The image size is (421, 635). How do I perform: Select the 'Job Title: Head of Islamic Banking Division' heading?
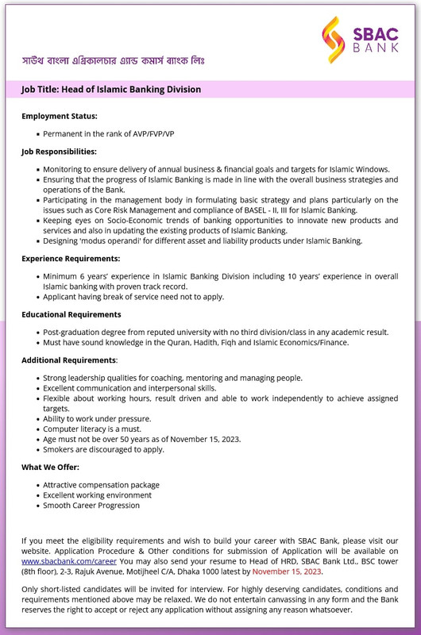[x=111, y=90]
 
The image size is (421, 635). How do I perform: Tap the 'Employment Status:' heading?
[x=60, y=117]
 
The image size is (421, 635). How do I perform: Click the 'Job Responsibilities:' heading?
[x=60, y=151]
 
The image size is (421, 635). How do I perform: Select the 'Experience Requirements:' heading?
[x=71, y=259]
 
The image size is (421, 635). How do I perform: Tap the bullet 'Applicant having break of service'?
[x=133, y=297]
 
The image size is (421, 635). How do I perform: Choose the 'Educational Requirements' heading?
[x=71, y=315]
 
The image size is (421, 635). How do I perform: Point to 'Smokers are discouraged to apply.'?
[x=103, y=449]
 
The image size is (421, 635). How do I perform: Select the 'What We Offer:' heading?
[x=50, y=467]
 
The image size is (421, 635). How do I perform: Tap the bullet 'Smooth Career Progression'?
[x=91, y=505]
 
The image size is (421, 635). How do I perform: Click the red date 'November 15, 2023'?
[x=287, y=571]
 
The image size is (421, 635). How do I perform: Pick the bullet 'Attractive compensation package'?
[x=101, y=485]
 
